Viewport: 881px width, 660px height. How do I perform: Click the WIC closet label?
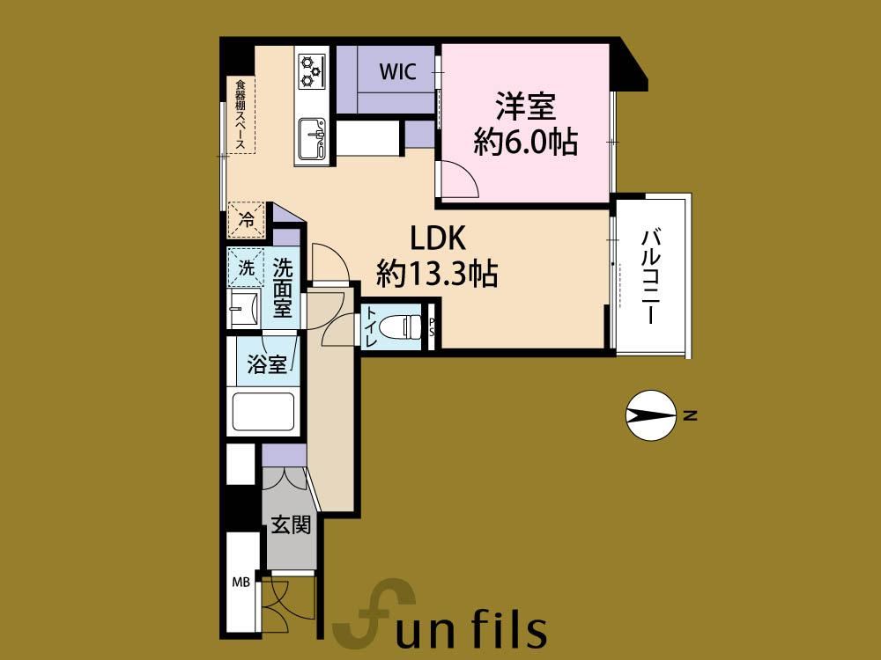[397, 71]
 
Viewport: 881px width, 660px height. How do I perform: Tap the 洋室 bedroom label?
[525, 106]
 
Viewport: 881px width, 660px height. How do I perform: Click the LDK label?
[438, 238]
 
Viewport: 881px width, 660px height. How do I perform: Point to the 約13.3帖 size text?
[437, 274]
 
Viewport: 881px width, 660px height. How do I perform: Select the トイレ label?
[372, 326]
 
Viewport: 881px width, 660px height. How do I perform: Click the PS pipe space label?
[432, 327]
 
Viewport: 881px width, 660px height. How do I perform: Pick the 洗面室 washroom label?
[283, 288]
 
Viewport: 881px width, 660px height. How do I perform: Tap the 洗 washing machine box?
[246, 268]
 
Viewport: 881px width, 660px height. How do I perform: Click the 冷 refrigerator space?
[246, 219]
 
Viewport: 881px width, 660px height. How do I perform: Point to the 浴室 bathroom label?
[267, 365]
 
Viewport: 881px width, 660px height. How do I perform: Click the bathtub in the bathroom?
[263, 413]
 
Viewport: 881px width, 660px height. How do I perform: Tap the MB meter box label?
[241, 583]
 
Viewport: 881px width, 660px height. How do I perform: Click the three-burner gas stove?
[312, 71]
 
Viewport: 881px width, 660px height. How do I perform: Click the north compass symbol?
[651, 415]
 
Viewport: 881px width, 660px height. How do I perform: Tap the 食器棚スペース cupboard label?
[241, 115]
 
